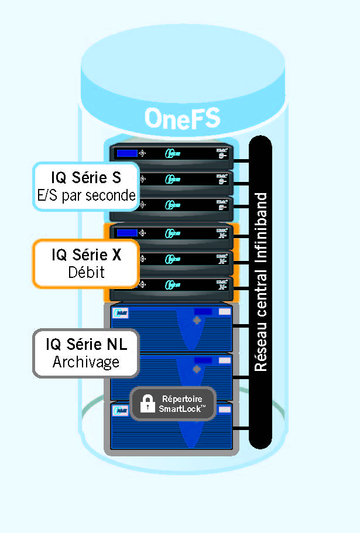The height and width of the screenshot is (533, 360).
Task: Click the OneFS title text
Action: coord(182,118)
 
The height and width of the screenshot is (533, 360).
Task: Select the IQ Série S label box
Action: coord(86,186)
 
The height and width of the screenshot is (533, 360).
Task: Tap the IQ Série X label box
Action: coord(86,263)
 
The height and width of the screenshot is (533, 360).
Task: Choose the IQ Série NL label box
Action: coord(86,353)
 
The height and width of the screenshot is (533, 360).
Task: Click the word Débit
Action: coord(86,273)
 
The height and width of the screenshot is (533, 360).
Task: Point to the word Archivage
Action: coord(86,362)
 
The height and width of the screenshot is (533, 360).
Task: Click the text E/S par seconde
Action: coord(86,196)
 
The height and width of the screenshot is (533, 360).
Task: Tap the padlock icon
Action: coord(147,403)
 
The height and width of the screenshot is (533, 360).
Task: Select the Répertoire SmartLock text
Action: coord(182,403)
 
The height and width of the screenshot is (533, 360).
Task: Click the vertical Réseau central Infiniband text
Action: coord(261,281)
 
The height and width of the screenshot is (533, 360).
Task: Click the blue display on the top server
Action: coord(127,153)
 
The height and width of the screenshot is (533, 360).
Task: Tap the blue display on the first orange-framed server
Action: coord(127,232)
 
